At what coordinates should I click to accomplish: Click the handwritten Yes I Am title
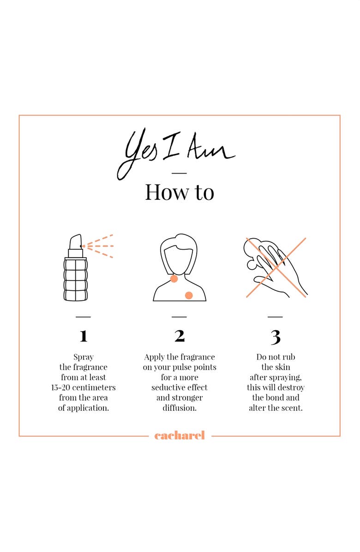176,155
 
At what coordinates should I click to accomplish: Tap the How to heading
180,192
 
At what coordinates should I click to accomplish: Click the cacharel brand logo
180,436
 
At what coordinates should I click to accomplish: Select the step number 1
84,336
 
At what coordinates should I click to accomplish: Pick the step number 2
180,336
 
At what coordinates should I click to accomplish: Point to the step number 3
276,337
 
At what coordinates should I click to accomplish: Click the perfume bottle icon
75,268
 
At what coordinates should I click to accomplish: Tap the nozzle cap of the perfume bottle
75,242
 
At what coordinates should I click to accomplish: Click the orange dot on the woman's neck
174,279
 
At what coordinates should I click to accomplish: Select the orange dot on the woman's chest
189,295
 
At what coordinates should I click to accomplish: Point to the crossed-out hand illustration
276,268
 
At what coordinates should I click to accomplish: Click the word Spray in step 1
84,357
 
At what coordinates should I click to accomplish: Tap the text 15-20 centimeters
84,388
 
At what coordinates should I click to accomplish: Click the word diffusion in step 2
180,408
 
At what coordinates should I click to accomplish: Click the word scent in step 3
292,408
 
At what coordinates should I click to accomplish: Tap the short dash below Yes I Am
179,173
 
